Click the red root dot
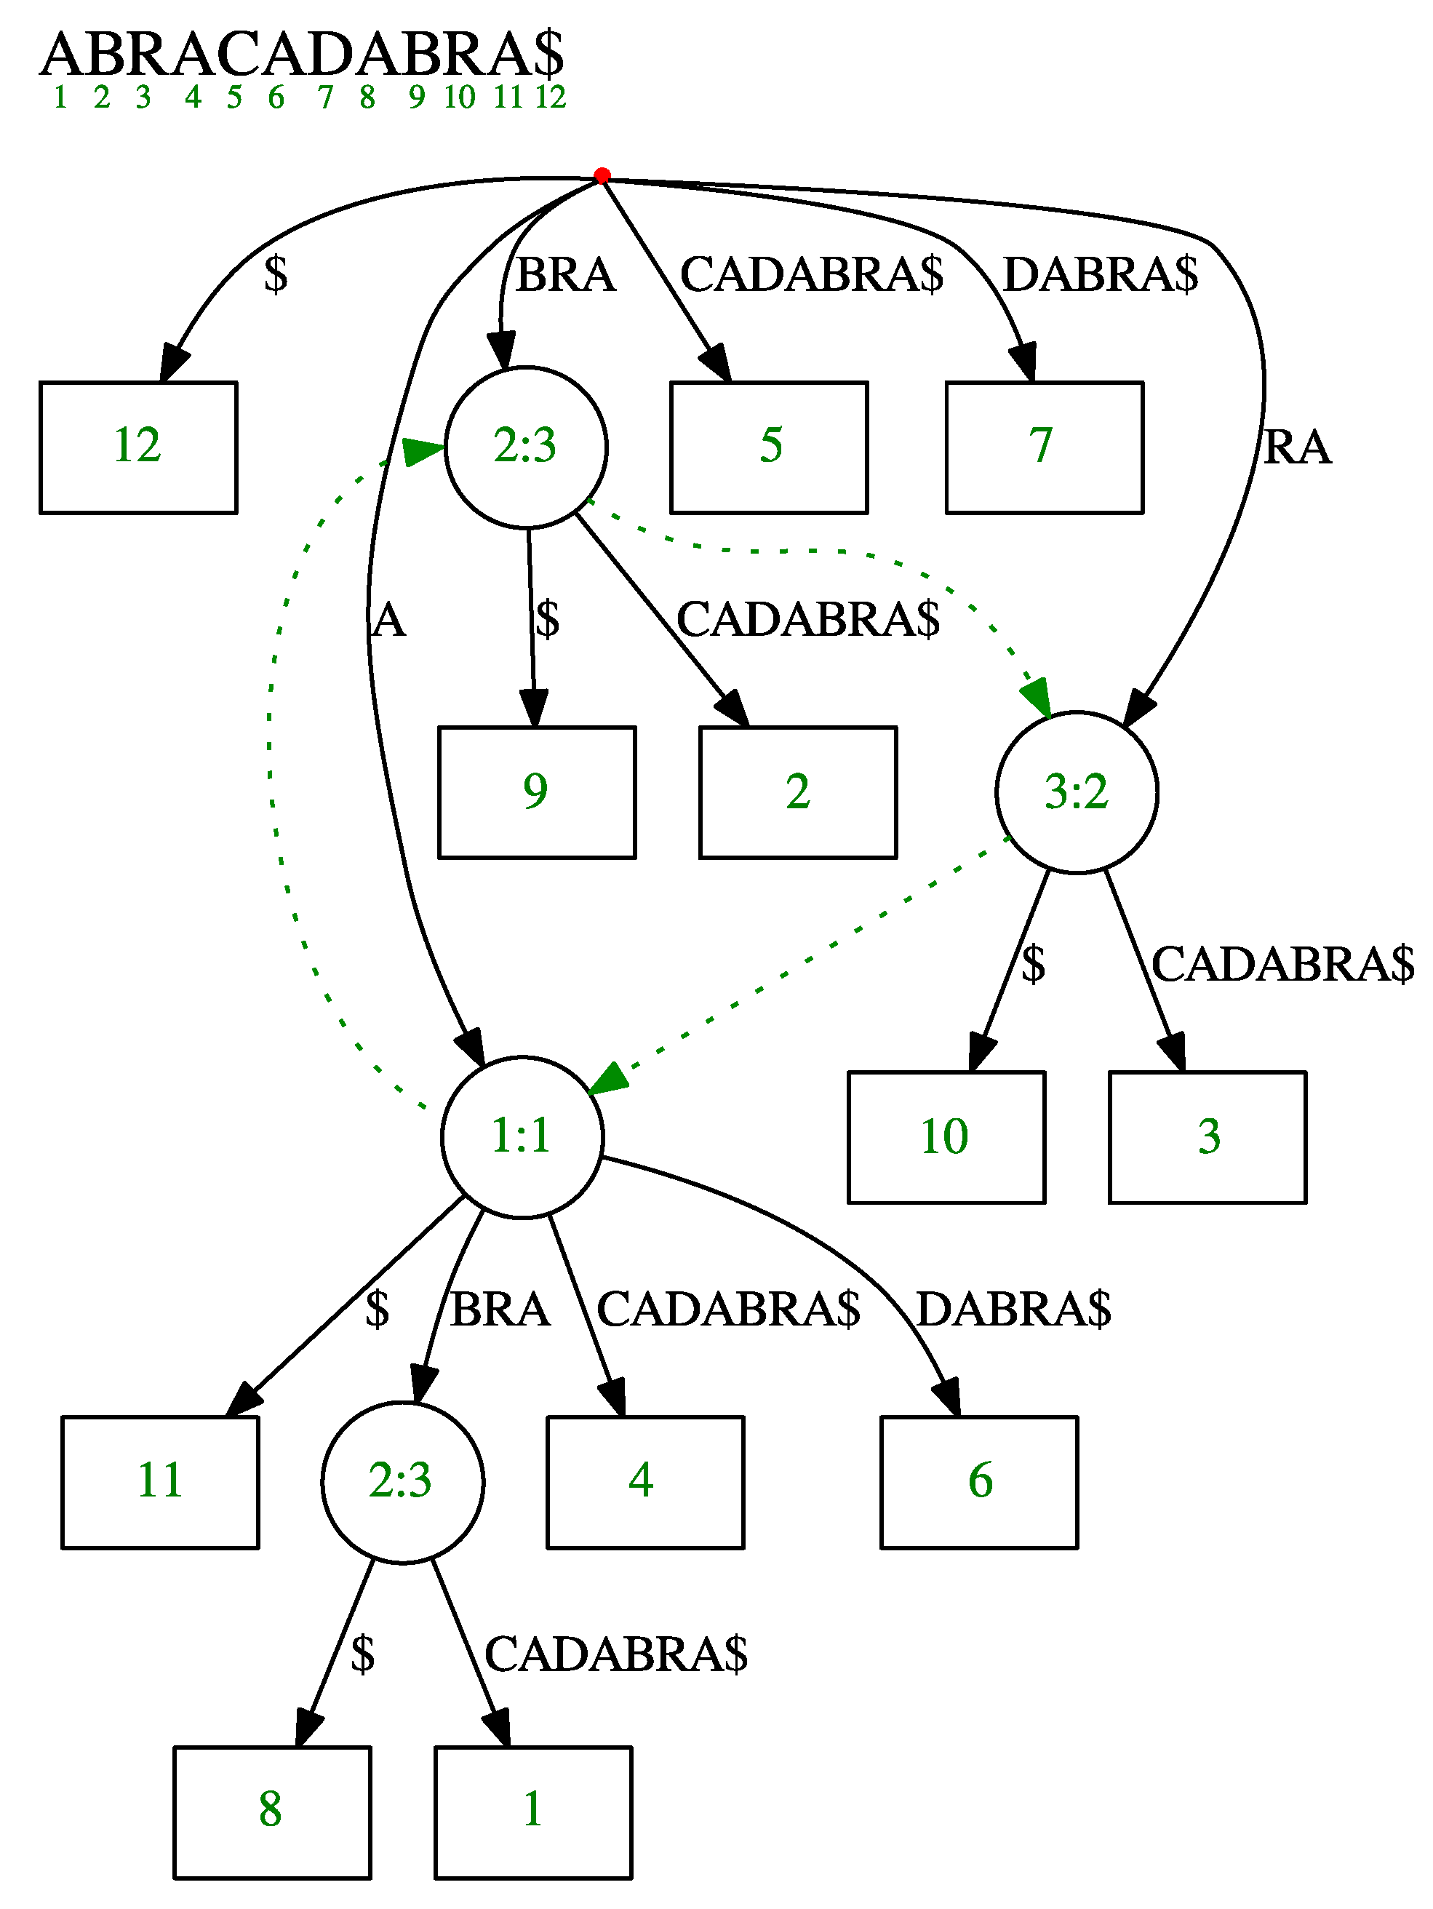coord(602,176)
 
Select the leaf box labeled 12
coord(138,447)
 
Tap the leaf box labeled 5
coord(769,447)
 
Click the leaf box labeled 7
coord(1044,447)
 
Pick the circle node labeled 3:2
coord(1076,792)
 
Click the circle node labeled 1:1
coord(522,1136)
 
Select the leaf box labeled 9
coord(537,792)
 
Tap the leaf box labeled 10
coord(946,1136)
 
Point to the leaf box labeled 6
coord(978,1482)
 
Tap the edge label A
coord(389,621)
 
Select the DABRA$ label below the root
coord(1100,275)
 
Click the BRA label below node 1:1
coord(500,1310)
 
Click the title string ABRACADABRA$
coord(302,54)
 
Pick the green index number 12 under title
coord(550,97)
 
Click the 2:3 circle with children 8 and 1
coord(402,1482)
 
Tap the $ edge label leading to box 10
coord(1033,965)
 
